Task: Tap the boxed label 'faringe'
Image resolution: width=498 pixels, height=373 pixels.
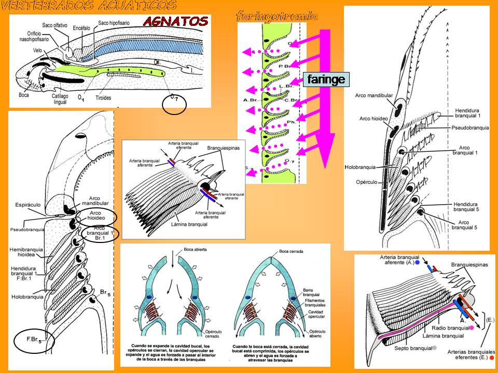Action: [x=325, y=79]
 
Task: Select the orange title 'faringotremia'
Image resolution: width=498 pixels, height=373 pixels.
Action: [x=276, y=16]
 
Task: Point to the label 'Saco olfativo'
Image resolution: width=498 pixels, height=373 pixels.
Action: [x=57, y=25]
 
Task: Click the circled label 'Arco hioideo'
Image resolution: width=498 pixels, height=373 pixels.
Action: [x=95, y=216]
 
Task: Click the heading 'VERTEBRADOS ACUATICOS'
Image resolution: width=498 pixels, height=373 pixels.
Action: [x=89, y=6]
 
